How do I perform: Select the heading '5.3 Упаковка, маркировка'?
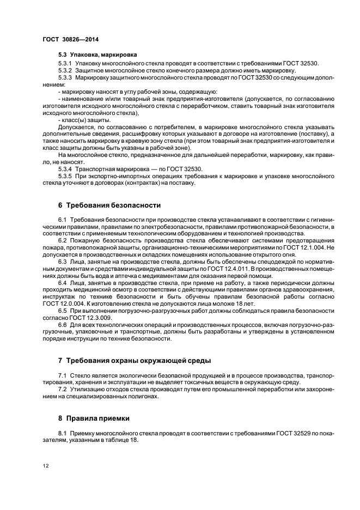tap(90, 55)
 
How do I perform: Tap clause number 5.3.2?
tap(65, 71)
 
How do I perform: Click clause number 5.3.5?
tap(65, 177)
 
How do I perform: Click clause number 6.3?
tap(62, 262)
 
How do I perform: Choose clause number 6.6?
tap(62, 325)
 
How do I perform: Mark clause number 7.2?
tap(62, 390)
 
